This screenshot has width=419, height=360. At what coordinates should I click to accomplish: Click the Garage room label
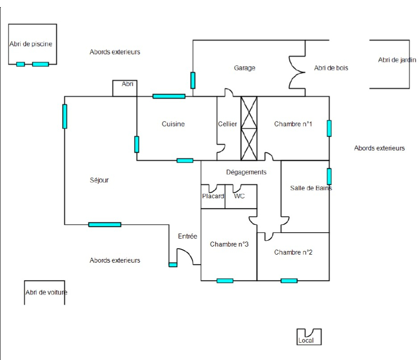(245, 68)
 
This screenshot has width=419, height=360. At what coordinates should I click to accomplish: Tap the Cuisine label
(173, 124)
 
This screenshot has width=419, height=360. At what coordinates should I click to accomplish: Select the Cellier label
(228, 124)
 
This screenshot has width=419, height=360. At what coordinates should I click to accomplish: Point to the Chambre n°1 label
(293, 124)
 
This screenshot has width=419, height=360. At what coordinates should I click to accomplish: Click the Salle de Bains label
(311, 188)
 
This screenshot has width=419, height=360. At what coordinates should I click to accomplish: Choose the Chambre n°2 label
(293, 252)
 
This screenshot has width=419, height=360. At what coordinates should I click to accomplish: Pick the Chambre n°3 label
(229, 244)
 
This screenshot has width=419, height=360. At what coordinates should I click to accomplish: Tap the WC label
(239, 196)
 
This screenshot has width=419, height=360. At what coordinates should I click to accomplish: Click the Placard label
(213, 196)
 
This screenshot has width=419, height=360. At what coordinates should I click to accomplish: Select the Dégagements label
(246, 172)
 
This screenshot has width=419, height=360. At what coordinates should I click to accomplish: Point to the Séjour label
(99, 180)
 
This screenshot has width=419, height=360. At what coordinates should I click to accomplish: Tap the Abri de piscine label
(31, 44)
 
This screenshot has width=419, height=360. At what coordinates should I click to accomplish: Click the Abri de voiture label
(46, 293)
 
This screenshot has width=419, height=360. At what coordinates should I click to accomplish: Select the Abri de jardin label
(397, 60)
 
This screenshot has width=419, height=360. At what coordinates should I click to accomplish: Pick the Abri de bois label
(331, 68)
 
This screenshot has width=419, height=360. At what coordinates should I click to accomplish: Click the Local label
(306, 340)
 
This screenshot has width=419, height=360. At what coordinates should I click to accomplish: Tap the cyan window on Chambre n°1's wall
(329, 128)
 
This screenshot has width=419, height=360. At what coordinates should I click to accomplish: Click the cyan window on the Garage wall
(193, 80)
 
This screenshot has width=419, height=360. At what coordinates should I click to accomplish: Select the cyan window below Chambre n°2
(289, 280)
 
